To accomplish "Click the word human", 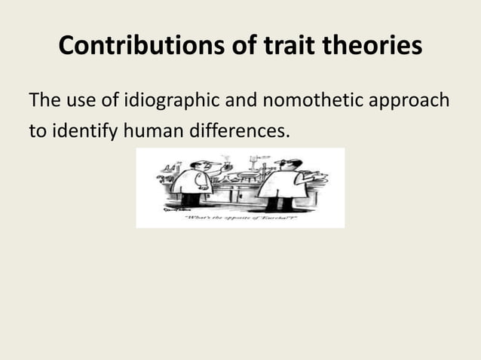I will tap(155, 133).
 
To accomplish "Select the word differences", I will tap(240, 133).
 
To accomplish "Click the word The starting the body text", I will tap(42, 100).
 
